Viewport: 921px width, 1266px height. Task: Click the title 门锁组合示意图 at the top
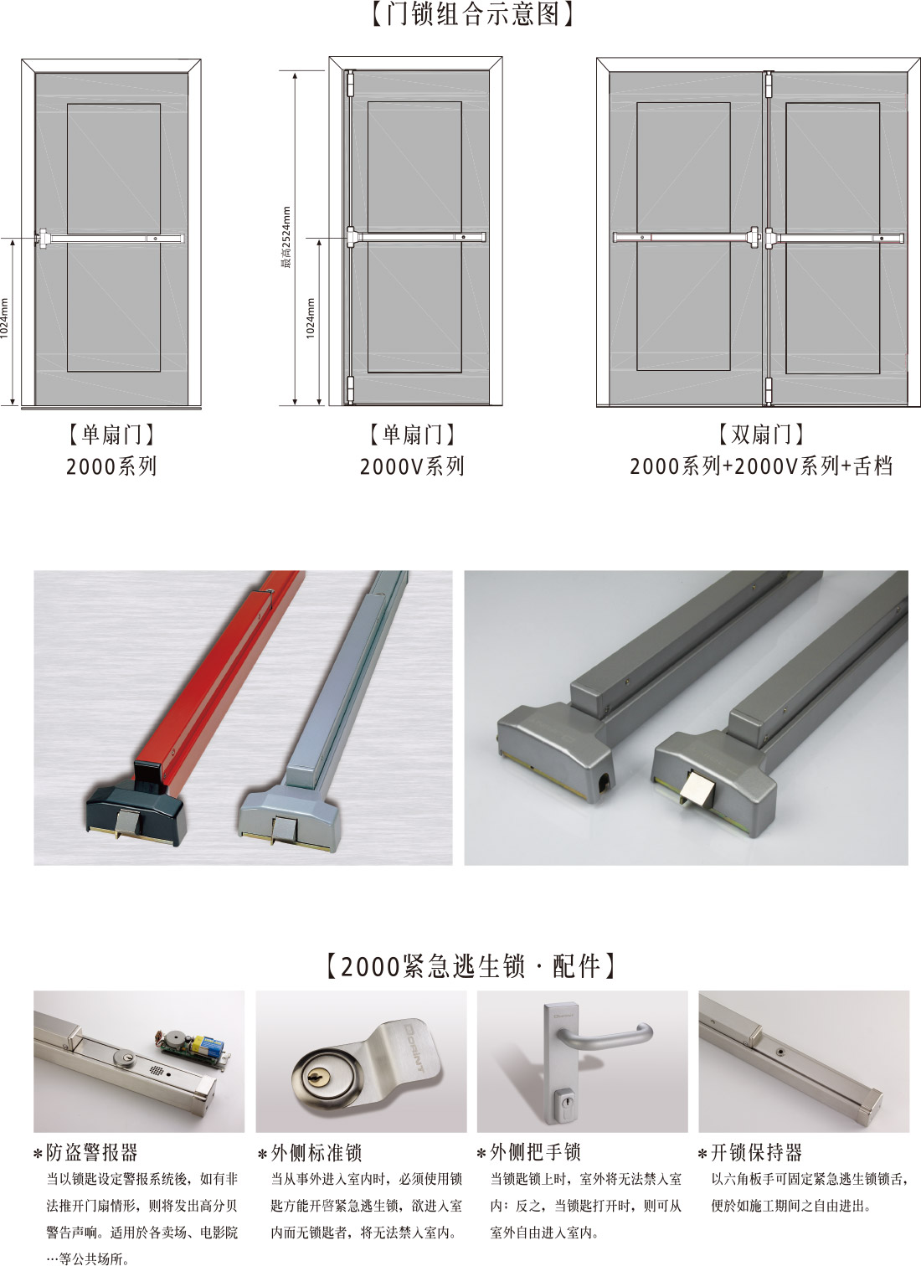[x=473, y=14]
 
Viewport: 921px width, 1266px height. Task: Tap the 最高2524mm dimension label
[x=286, y=238]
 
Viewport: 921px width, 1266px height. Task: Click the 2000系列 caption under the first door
[x=111, y=466]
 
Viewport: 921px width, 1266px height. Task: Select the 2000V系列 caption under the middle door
[x=412, y=466]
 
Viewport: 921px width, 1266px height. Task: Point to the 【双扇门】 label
[x=760, y=435]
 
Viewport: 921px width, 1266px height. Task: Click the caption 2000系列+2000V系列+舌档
[x=761, y=466]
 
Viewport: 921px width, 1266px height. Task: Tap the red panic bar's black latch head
[x=136, y=813]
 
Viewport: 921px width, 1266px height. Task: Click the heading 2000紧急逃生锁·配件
[x=471, y=966]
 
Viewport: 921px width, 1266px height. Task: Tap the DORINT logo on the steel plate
[x=418, y=1047]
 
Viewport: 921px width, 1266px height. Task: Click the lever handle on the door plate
[x=604, y=1035]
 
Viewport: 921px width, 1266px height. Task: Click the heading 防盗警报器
[x=91, y=1152]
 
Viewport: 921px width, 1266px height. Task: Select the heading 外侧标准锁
[x=316, y=1152]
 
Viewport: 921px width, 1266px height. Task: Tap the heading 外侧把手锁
[x=535, y=1152]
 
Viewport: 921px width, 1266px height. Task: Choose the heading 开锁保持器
[x=757, y=1152]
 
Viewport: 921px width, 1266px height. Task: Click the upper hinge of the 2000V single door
[x=350, y=84]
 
